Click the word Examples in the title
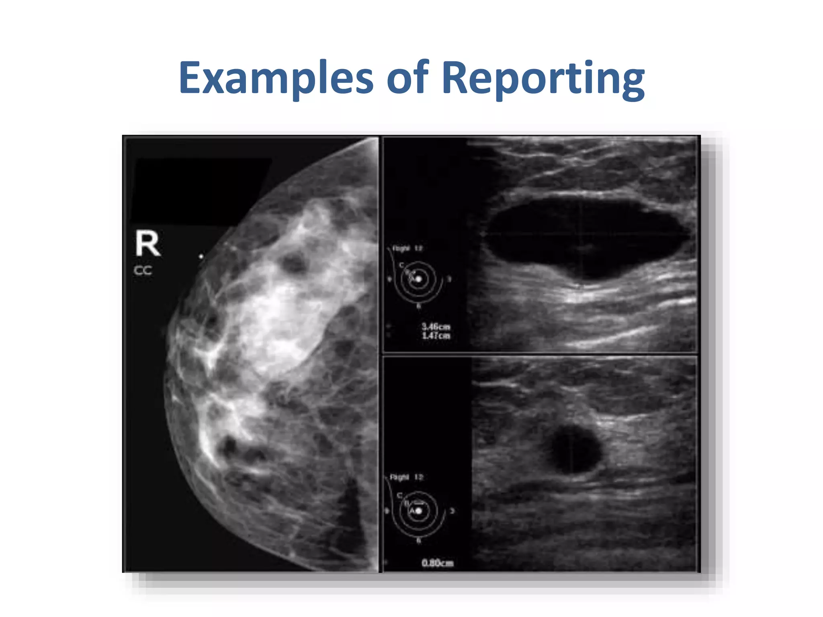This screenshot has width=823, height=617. click(x=276, y=78)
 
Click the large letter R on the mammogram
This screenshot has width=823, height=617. click(x=147, y=243)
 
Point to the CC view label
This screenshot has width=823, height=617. click(x=143, y=271)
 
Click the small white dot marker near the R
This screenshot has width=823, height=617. click(x=201, y=256)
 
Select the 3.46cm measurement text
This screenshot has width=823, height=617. click(x=436, y=327)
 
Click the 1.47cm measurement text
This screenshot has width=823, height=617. click(x=436, y=336)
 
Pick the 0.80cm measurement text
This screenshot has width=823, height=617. click(x=437, y=563)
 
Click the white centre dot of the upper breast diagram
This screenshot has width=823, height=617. click(x=419, y=279)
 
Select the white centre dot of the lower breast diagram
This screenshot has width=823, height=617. click(x=419, y=511)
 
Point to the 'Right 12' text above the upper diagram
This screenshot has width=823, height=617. click(x=407, y=249)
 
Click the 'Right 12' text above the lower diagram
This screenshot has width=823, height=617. click(x=406, y=477)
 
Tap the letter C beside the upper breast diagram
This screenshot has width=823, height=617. click(x=401, y=265)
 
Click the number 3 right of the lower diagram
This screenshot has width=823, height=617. click(x=452, y=511)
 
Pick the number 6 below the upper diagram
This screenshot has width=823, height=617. click(x=418, y=306)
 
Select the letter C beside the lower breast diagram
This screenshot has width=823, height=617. click(x=399, y=495)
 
